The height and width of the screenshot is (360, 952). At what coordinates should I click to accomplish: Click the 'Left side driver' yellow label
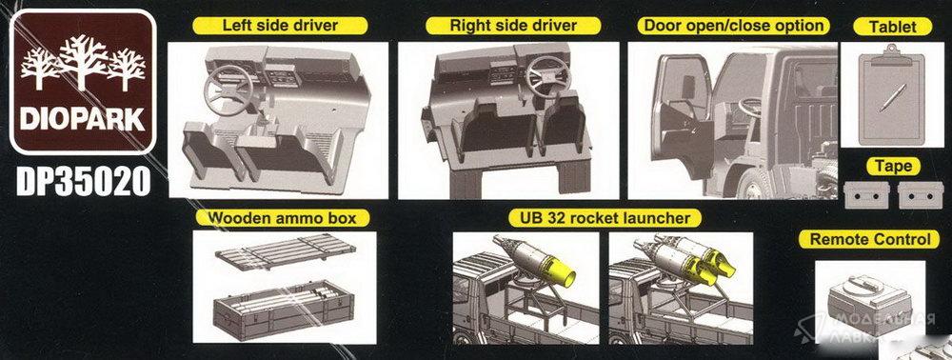click(x=280, y=26)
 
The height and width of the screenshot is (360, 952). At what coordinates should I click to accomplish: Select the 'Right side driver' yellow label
click(x=513, y=26)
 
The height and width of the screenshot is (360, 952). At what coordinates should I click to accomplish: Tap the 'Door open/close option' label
click(x=733, y=26)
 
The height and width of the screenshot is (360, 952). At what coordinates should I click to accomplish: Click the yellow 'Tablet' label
click(x=892, y=26)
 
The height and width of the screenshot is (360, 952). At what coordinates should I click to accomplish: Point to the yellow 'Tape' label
click(x=893, y=166)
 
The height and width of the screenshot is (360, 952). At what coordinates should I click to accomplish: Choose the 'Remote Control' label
click(x=869, y=239)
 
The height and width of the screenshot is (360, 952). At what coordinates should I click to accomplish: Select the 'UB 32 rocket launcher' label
click(x=605, y=218)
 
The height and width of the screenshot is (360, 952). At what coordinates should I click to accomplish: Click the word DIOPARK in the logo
click(x=83, y=119)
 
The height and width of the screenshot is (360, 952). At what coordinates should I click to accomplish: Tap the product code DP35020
click(x=83, y=181)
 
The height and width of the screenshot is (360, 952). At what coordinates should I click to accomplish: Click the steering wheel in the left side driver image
click(x=228, y=90)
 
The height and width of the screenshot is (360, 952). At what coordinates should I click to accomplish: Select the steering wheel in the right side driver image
click(x=547, y=76)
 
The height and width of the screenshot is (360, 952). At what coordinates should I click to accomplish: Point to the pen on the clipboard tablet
click(x=893, y=98)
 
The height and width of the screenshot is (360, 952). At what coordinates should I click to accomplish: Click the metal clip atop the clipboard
click(x=891, y=51)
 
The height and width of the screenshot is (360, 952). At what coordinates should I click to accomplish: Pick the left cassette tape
click(x=866, y=195)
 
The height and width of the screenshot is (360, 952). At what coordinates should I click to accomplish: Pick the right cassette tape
click(x=921, y=195)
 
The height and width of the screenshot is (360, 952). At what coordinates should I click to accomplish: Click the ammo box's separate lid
click(x=286, y=252)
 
